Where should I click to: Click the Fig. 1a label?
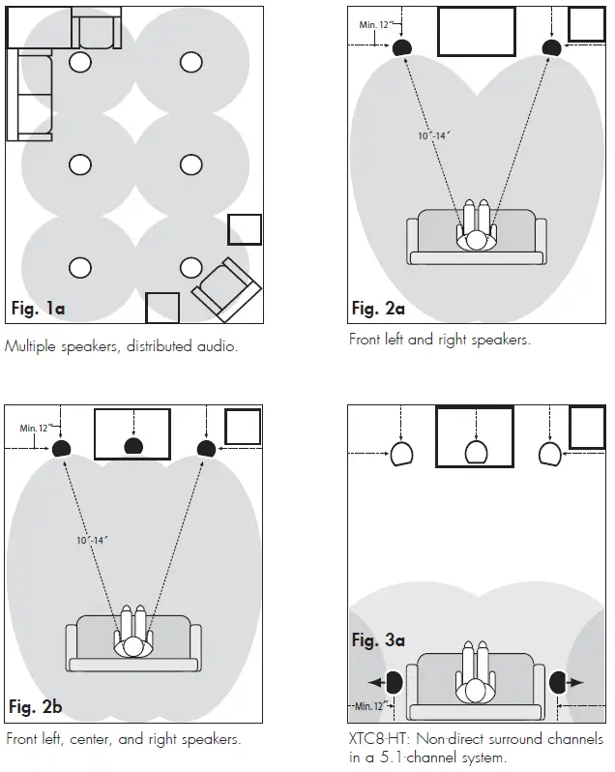click(38, 310)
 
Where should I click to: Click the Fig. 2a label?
click(378, 310)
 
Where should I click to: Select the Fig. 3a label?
click(378, 640)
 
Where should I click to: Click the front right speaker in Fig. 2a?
click(551, 46)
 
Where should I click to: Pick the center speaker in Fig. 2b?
click(132, 447)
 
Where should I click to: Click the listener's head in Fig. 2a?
click(476, 240)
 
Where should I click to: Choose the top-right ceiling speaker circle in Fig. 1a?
click(191, 63)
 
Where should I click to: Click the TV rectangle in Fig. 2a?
click(477, 32)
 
